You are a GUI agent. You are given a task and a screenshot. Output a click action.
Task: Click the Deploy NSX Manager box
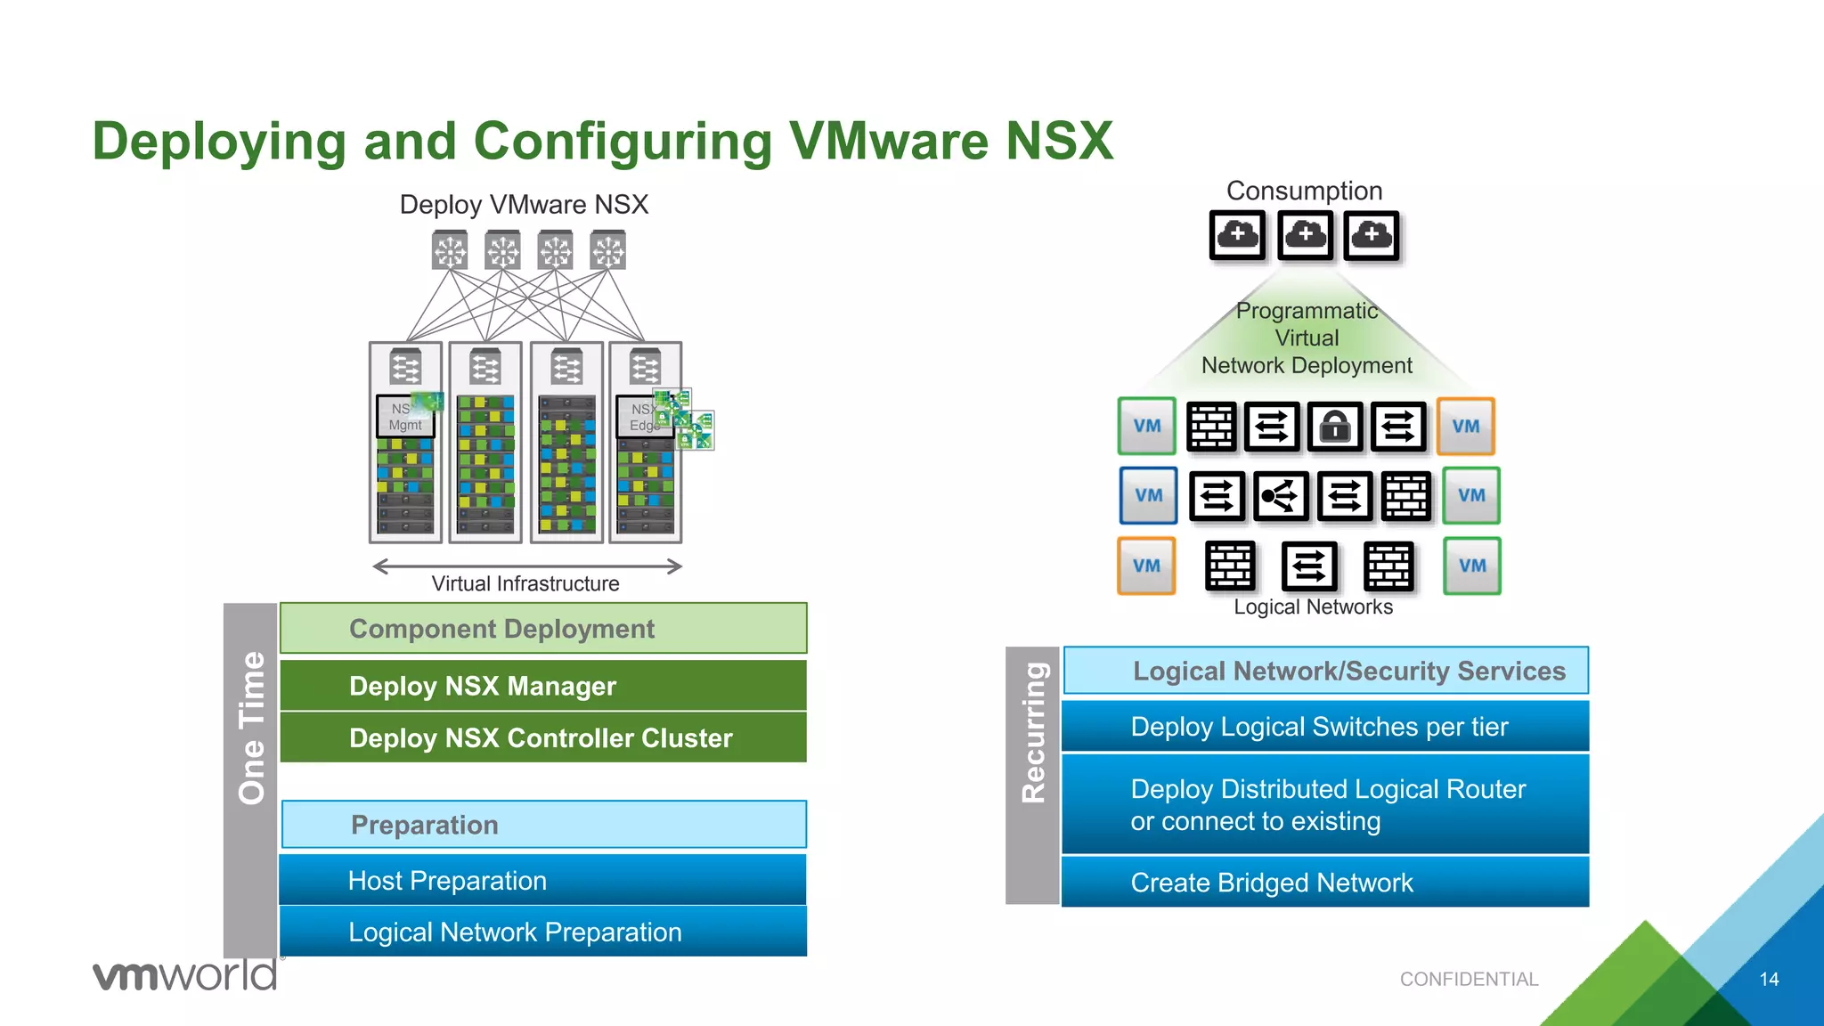(542, 686)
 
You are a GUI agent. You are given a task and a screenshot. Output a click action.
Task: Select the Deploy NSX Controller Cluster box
(542, 737)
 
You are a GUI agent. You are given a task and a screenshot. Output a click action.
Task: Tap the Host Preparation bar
(542, 880)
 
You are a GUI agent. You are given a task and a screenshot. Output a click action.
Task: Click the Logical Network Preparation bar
(542, 932)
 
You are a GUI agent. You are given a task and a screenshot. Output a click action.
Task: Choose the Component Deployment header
(542, 629)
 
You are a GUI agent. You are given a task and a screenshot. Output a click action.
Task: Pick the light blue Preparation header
(542, 825)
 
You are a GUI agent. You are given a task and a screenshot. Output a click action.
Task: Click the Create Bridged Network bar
(1324, 882)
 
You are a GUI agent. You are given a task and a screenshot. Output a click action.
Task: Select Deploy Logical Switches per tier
(1324, 727)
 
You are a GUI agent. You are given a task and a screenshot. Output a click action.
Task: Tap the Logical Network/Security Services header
(1324, 671)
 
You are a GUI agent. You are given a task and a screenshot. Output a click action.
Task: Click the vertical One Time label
(251, 728)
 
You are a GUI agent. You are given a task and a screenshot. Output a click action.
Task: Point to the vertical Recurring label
(1032, 733)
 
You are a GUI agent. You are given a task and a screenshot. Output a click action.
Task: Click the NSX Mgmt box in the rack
(405, 417)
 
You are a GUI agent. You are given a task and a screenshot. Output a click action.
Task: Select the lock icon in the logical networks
(1334, 427)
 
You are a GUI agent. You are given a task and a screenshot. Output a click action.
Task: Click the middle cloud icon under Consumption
(1305, 235)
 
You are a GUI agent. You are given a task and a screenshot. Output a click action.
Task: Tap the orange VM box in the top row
(1465, 427)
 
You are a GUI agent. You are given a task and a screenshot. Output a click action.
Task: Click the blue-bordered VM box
(1148, 495)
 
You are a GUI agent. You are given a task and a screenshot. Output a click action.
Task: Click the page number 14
(1769, 979)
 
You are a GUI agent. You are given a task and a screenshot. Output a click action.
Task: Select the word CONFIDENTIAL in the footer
(1469, 979)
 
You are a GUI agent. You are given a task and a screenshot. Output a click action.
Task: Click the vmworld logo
(185, 975)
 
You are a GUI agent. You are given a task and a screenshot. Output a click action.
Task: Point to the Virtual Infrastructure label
(525, 583)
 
